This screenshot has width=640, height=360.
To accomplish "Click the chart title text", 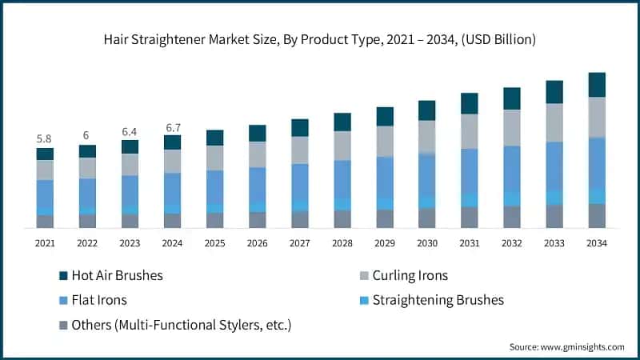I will (319, 39).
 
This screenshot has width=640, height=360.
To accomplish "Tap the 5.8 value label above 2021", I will (45, 139).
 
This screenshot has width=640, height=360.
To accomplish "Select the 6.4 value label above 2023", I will (130, 131).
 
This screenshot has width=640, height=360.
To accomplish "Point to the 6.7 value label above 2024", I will (172, 126).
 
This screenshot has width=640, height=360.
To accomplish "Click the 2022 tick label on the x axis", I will (87, 242).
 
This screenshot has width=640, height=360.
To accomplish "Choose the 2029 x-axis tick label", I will (385, 242).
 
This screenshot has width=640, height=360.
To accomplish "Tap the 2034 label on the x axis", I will (597, 242).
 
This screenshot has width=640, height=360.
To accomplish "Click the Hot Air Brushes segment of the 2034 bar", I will (597, 85).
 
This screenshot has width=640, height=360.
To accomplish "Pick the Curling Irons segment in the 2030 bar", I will (427, 136).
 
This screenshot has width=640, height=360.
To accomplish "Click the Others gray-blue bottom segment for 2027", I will (300, 219).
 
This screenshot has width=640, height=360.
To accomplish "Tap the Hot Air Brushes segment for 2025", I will (215, 138).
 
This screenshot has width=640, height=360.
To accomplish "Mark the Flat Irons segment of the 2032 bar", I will (512, 168).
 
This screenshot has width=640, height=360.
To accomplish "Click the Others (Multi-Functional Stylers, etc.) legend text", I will (181, 325).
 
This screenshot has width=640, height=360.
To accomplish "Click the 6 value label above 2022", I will (87, 135).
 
